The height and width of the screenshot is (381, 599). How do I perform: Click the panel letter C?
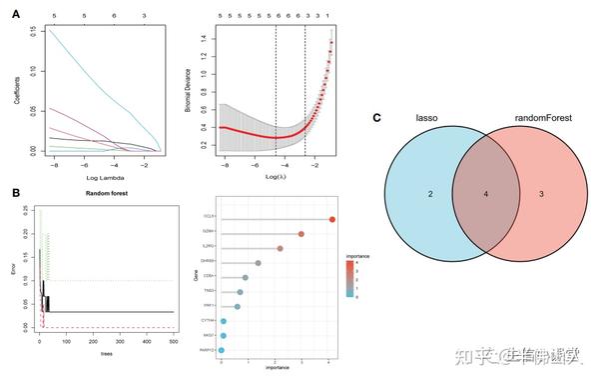(x=376, y=118)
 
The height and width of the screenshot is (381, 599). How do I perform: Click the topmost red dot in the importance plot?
(x=331, y=219)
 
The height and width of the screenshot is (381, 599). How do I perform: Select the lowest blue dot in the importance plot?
(x=221, y=350)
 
